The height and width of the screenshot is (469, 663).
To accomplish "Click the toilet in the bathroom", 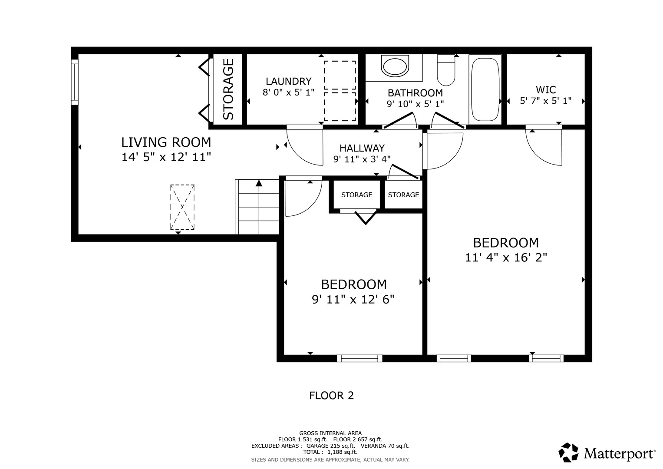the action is point(446,70).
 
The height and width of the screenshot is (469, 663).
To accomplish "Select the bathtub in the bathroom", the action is point(485,89).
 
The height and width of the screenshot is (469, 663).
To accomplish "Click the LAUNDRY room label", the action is point(289,81).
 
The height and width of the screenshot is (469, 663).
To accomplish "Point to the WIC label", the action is point(546,90).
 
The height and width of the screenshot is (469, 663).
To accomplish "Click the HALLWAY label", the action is point(362,148).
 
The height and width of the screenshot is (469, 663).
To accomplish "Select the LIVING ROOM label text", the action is point(166,142).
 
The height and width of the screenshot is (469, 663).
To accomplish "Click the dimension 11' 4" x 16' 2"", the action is point(506,258).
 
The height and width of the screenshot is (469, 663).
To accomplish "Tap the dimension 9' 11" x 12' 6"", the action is point(353,300).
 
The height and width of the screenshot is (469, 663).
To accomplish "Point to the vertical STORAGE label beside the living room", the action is point(228,89).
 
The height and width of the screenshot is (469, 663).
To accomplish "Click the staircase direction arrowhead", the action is point(259,183).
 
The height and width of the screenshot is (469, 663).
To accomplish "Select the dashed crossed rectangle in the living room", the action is point(182,207).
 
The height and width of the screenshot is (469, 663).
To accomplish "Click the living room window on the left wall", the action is point(75,82).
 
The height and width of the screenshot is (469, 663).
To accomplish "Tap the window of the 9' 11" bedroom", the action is point(360,358).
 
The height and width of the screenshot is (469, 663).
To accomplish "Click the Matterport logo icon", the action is point(568,452).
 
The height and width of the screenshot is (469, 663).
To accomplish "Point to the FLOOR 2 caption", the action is point(332,396).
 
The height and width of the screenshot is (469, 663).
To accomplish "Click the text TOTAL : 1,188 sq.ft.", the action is point(330,452).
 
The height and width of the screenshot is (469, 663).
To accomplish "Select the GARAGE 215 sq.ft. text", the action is point(330,446).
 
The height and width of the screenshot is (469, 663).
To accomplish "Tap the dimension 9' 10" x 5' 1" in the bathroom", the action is point(415,104).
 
